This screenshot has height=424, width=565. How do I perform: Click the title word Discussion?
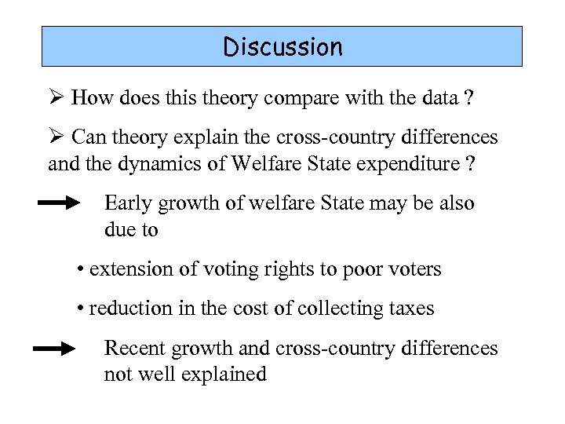(x=282, y=47)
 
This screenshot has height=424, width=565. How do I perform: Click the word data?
(x=435, y=98)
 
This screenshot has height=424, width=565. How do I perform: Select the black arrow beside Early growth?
(x=60, y=203)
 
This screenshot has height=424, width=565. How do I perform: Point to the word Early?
(x=128, y=203)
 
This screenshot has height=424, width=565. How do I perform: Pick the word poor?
(x=359, y=269)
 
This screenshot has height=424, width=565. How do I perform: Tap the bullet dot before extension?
(x=81, y=270)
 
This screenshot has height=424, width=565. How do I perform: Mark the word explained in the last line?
(x=224, y=375)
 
